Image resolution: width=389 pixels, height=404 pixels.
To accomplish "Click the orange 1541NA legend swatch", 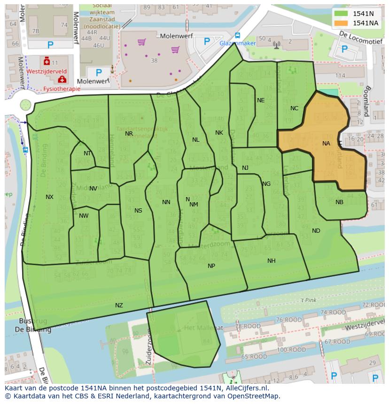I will [342, 23].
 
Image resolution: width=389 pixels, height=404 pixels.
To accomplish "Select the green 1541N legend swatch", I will [342, 14].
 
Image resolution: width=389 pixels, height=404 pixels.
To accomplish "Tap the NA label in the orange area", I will [326, 144].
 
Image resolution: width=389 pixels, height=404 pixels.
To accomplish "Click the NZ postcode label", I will [119, 305].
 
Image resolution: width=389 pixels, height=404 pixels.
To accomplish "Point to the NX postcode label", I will [49, 197].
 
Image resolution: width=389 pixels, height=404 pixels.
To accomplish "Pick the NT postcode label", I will [87, 153].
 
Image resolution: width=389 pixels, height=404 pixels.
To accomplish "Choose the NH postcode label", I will [271, 261].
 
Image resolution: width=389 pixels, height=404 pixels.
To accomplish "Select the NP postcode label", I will [211, 266].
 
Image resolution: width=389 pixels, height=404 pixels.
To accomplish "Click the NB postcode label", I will [339, 202].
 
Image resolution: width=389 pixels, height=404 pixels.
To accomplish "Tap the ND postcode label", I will [316, 231].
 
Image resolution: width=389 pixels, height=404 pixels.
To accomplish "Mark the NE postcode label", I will [261, 100].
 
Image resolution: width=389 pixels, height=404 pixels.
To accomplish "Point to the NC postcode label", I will [294, 108].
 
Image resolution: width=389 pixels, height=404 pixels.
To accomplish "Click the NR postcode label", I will [129, 134].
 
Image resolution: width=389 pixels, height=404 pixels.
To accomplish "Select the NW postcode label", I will [84, 216].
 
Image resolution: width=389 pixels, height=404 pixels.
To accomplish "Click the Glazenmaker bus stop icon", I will [237, 36].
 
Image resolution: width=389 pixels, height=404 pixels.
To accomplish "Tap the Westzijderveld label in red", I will [46, 72].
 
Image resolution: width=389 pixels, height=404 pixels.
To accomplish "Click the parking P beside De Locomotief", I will [344, 49].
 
